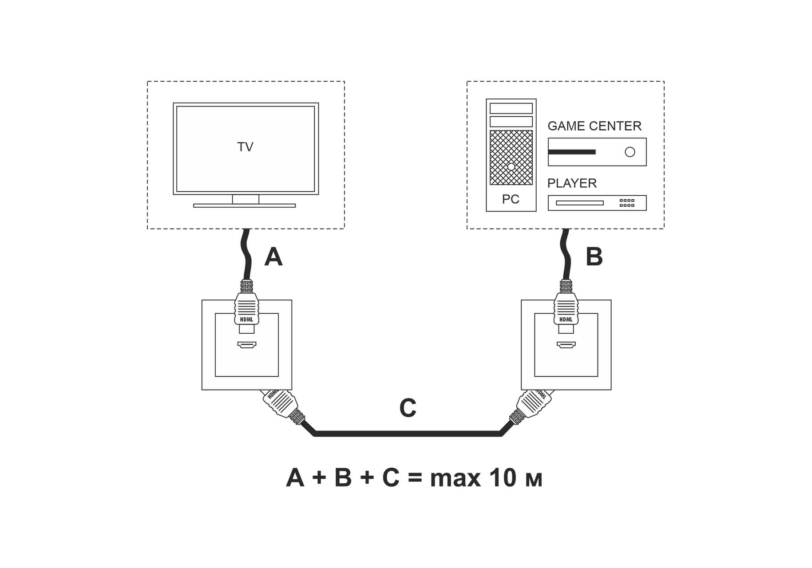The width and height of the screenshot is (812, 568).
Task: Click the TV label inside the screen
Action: point(245,147)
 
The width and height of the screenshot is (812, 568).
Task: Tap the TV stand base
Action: point(244,205)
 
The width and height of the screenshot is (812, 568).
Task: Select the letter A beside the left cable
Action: point(273,257)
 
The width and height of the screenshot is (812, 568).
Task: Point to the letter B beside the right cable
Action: point(594,257)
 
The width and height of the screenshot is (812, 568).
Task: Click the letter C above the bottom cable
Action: point(408,408)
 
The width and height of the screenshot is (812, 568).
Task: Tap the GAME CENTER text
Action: point(594,126)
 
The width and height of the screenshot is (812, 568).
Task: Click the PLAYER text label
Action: point(572,183)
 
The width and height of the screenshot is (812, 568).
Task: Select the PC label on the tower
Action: point(511,199)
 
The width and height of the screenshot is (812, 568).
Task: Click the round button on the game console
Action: point(630,152)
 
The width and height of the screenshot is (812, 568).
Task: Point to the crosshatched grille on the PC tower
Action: point(511,157)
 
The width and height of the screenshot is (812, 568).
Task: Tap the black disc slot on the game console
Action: point(572,152)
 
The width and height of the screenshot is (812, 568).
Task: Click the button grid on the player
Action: point(626,203)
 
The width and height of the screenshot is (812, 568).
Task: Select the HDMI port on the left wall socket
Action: point(247,345)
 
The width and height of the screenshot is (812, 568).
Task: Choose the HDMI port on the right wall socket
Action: point(566,345)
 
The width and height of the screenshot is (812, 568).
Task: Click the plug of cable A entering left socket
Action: point(247,308)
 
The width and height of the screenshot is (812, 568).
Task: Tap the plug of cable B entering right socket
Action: point(566,308)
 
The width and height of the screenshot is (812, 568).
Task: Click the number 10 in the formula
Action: point(503,478)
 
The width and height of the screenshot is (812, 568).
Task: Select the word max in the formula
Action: point(455,479)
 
